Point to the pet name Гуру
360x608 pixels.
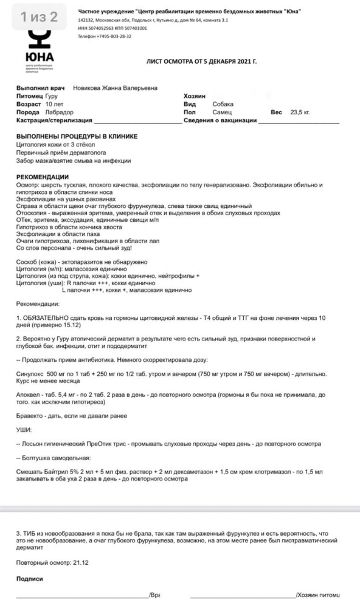coord(52,96)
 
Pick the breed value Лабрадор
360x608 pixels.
coord(59,112)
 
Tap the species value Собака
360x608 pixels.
coord(223,104)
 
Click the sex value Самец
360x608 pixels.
coord(222,112)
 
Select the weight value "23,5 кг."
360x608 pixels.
coord(300,112)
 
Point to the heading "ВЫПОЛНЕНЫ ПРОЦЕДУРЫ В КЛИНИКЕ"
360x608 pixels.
coord(77,137)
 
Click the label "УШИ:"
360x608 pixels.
coord(24,429)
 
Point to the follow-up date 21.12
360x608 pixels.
coord(81,562)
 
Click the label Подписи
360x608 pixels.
coord(30,579)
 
